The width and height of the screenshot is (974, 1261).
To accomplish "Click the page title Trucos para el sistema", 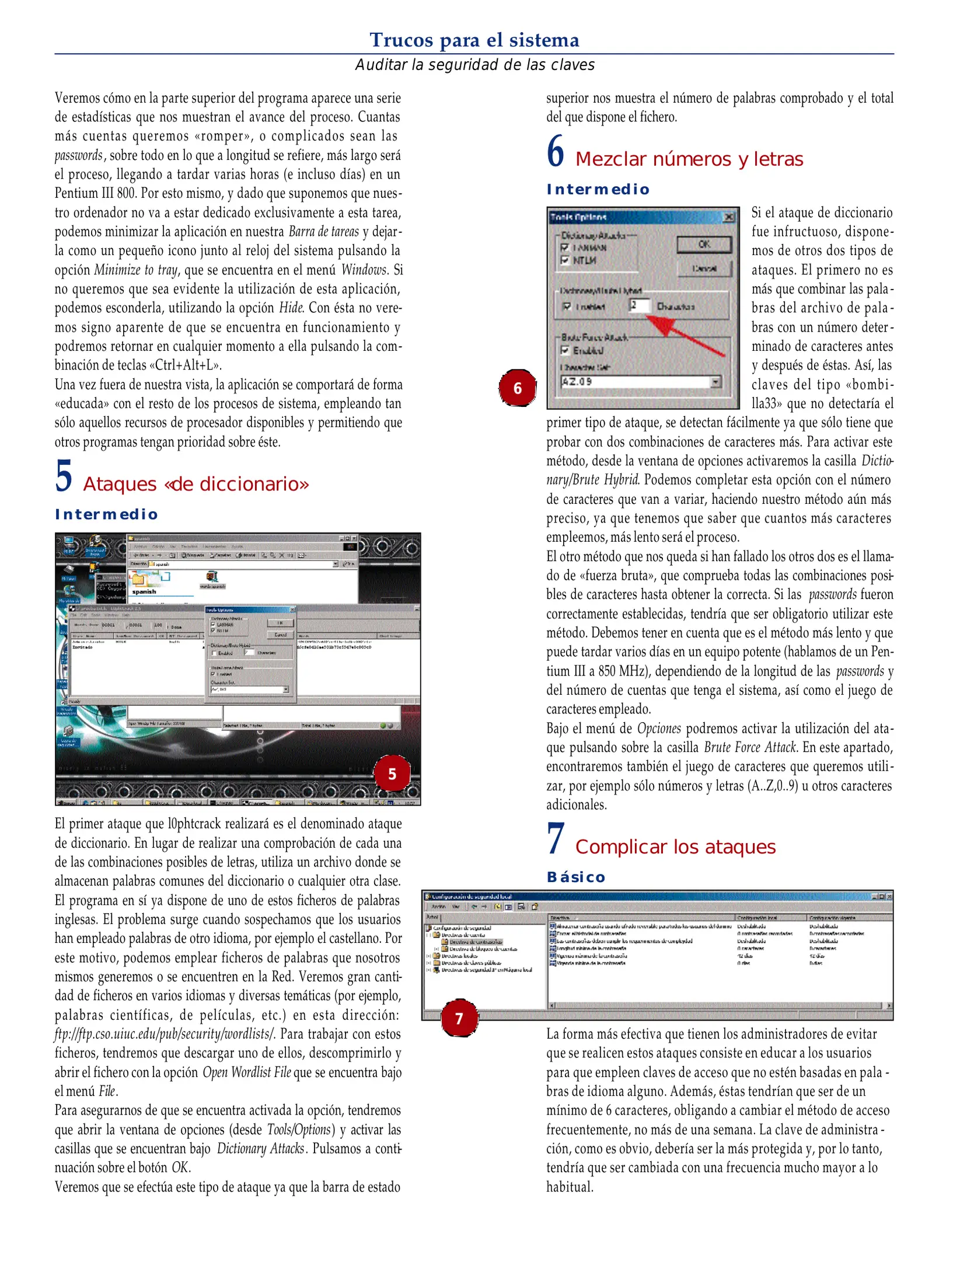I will coord(474,40).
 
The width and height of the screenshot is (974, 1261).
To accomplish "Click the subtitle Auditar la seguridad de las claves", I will coord(474,65).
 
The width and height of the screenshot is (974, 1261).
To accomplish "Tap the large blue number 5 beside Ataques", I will coord(64,476).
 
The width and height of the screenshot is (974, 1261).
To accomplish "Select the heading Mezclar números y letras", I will coord(689,159).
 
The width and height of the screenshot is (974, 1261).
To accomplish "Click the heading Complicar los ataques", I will coord(675,847).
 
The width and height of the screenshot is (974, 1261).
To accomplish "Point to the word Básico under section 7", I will coord(575,877).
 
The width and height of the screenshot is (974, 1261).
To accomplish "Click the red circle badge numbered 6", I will coord(517,388).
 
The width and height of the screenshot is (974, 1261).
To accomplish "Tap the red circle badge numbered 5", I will coord(392,774).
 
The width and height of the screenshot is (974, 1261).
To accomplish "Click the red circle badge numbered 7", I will coord(459,1019).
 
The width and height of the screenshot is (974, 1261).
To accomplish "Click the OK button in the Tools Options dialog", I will coord(704,245).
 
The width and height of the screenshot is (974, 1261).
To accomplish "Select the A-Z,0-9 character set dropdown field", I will coord(640,382).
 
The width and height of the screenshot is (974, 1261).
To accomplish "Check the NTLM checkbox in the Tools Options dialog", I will coord(564,260).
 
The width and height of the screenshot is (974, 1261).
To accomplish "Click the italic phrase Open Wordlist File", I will coord(246,1072).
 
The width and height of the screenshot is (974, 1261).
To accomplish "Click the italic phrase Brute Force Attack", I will coord(750,747).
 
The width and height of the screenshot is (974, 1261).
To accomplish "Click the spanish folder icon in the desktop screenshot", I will coord(139,580).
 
